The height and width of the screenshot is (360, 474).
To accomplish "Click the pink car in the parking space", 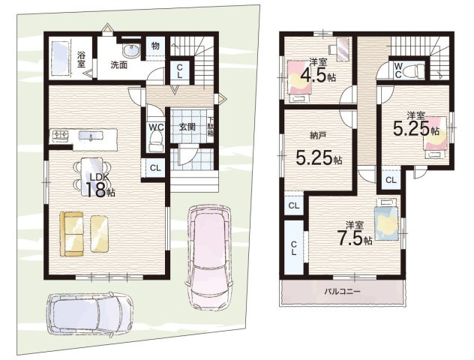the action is tap(208, 257).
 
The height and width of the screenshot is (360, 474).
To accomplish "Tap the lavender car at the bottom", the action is tap(91, 315).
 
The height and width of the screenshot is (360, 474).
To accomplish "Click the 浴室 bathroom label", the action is tap(81, 59).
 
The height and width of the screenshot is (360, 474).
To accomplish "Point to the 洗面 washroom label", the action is tap(118, 64).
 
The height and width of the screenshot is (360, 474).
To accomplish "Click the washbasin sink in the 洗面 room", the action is tap(131, 51).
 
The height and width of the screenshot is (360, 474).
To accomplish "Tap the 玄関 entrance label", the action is tap(187, 127).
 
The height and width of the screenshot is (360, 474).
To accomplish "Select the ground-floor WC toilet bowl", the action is tap(156, 140).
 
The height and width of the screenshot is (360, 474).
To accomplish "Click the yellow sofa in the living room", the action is tap(72, 234).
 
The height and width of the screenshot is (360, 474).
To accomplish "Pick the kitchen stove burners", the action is tap(61, 135).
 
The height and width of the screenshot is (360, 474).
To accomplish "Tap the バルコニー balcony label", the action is tap(342, 292).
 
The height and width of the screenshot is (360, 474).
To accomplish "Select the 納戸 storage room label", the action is tap(318, 136).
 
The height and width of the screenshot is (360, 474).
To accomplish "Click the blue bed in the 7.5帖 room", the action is tap(386, 219).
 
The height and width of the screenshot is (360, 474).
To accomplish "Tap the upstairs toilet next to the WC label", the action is tap(415, 71).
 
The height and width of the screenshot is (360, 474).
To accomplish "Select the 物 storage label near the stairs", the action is tap(155, 46).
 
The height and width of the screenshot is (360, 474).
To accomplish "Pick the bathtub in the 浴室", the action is tap(60, 59).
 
